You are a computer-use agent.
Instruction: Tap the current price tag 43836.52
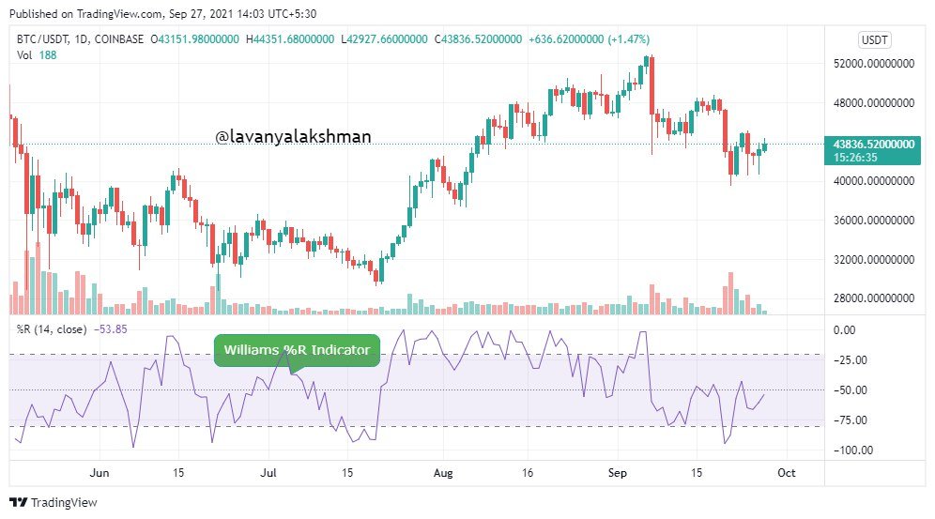click(x=874, y=144)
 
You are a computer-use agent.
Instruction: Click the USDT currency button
click(x=875, y=39)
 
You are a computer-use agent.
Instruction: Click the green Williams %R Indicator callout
click(x=298, y=351)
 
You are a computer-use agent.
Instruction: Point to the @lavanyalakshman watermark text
click(x=293, y=137)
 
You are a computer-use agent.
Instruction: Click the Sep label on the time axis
click(x=616, y=472)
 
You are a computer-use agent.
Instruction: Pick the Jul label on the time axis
click(x=269, y=472)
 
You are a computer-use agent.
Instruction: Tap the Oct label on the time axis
click(x=786, y=472)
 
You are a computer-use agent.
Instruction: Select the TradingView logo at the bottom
click(x=54, y=503)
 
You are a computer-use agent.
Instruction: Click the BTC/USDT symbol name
click(x=42, y=39)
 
